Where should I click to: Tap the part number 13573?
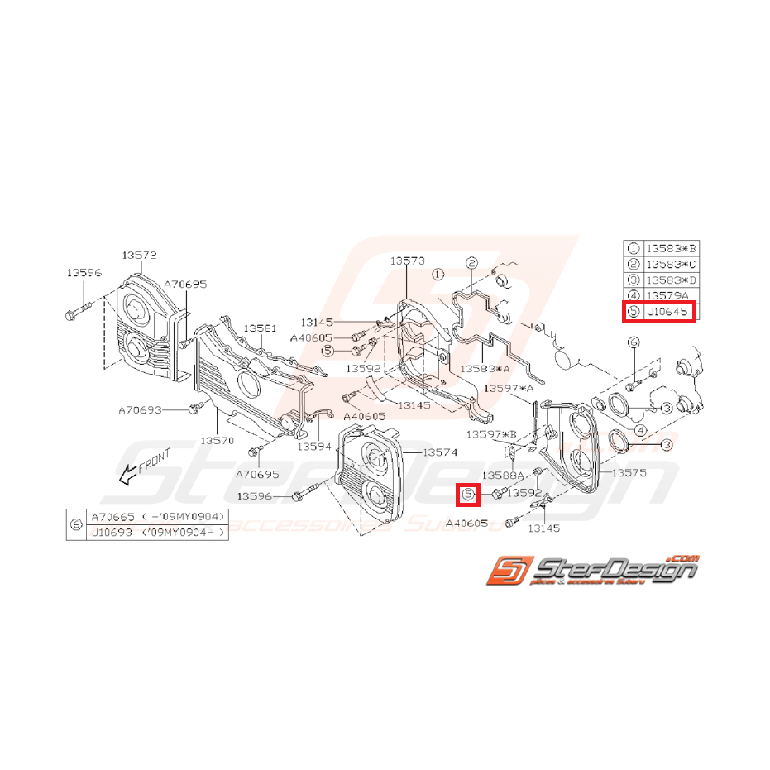coord(408,261)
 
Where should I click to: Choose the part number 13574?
coord(439,452)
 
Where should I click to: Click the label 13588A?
coord(503,476)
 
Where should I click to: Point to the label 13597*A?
coord(509,387)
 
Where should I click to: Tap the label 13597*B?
coord(490,433)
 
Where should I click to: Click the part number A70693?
coord(140,409)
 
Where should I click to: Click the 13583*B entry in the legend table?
coord(672,247)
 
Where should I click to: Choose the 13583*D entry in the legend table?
coord(672,280)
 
